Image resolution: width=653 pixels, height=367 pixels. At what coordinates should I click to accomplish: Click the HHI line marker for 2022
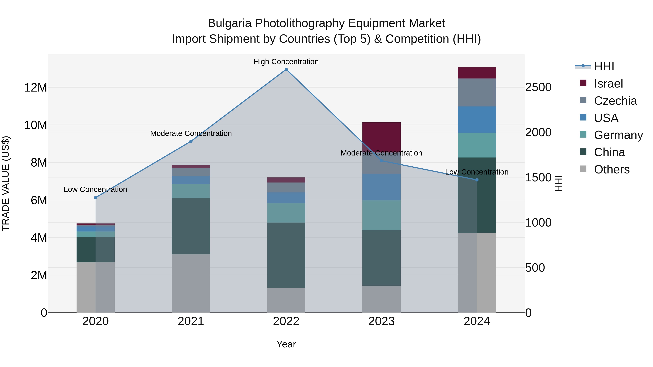click(286, 69)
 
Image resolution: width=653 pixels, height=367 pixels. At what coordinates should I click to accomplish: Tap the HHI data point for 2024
click(477, 180)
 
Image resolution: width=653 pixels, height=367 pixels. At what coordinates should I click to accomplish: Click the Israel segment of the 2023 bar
click(381, 137)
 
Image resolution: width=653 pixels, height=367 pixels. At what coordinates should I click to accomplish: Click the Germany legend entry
click(618, 135)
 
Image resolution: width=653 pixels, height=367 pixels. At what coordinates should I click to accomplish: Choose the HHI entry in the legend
click(603, 66)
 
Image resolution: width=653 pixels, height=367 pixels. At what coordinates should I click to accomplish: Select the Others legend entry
click(611, 169)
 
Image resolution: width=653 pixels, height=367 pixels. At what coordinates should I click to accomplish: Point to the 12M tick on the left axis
click(36, 88)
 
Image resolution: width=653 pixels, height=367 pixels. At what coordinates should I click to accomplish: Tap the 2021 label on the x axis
click(191, 321)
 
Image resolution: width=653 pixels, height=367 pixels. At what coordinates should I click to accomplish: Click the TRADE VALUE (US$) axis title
click(6, 183)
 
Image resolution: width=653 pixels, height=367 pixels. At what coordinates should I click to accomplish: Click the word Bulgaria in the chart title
click(230, 23)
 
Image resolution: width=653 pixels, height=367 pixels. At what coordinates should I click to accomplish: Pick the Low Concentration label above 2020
click(95, 189)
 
